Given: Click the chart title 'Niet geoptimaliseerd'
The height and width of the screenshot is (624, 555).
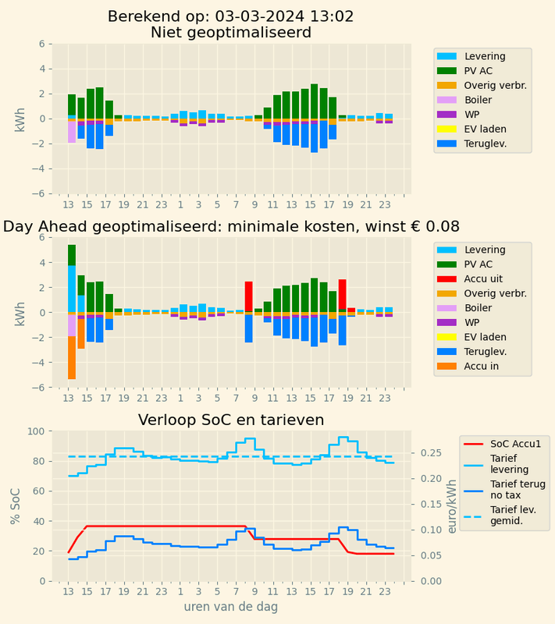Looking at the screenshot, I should [x=231, y=33].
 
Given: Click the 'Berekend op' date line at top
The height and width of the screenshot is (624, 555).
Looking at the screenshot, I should [x=231, y=16].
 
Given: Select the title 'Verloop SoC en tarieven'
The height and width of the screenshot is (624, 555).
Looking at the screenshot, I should [x=231, y=420].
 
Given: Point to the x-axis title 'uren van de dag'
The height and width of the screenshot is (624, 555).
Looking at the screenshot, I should [x=231, y=606].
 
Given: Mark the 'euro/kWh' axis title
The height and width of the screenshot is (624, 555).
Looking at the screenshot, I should [x=450, y=505].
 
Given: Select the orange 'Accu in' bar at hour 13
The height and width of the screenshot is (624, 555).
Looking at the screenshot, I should [x=71, y=357].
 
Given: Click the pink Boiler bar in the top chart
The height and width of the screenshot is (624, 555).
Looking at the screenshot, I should [x=71, y=132].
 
